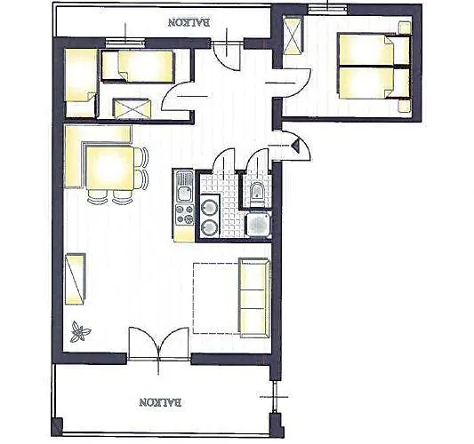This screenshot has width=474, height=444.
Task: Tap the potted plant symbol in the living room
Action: click(x=80, y=331)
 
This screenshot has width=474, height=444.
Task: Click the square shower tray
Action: click(x=257, y=224)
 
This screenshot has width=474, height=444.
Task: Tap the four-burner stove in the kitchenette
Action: click(x=184, y=214)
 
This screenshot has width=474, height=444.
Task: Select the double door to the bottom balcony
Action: click(x=159, y=344)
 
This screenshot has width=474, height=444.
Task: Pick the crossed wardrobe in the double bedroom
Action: click(x=294, y=37)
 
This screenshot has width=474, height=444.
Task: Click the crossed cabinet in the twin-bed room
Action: click(x=134, y=107)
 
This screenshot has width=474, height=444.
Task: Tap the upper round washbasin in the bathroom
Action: click(x=210, y=208)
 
